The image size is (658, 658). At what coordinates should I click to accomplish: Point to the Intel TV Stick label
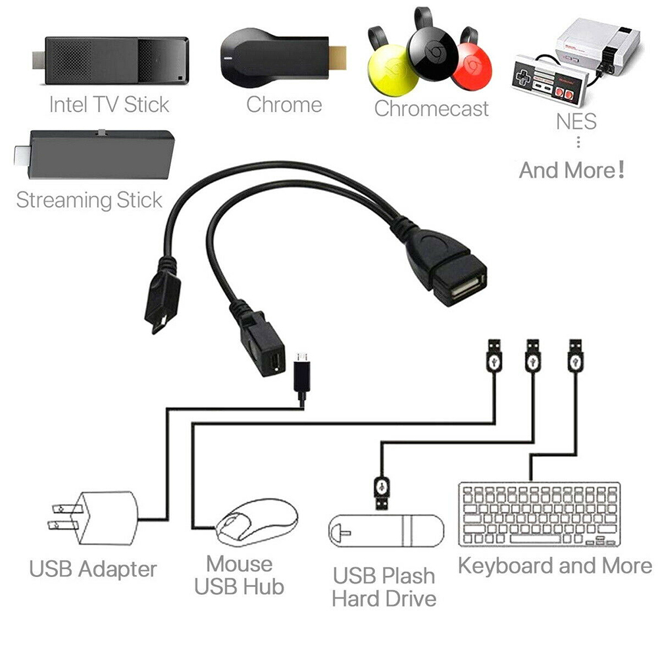(x=109, y=105)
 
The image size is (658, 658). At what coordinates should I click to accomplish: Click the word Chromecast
(x=432, y=109)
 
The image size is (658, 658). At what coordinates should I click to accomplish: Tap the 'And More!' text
(x=572, y=170)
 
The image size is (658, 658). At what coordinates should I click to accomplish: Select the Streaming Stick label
(x=89, y=200)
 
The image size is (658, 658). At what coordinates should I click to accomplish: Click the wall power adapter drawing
(x=93, y=519)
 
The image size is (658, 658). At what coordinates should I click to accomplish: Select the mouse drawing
(x=257, y=522)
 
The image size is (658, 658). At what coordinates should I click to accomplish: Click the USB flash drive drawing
(x=386, y=531)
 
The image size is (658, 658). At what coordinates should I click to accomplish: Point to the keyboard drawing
(x=540, y=515)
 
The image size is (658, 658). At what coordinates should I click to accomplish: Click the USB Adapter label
(x=93, y=569)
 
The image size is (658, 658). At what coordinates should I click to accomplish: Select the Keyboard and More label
(x=555, y=566)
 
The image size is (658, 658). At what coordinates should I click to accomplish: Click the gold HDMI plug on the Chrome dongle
(x=338, y=57)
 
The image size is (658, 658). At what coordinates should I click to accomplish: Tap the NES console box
(x=597, y=46)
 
